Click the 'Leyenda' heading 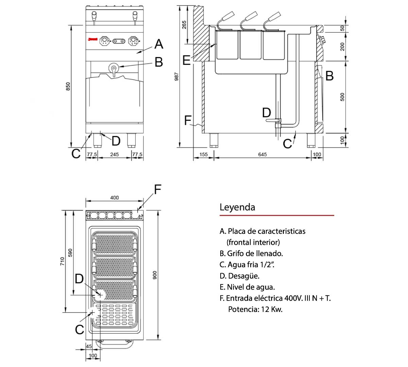coord(237,207)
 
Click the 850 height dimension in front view coord(68,87)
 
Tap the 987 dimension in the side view coord(176,77)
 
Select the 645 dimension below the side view coord(262,155)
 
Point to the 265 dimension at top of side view coord(184,25)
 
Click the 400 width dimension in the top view coord(115,198)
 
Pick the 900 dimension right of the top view coord(155,275)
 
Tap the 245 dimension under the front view coord(115,155)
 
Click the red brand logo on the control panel coord(92,40)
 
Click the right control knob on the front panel coord(133,41)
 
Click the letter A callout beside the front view coord(158,44)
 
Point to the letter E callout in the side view coord(186,60)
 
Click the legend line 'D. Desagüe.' coord(239,276)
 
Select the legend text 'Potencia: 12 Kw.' coord(255,310)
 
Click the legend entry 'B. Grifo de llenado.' coord(251,254)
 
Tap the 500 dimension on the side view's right coord(342,97)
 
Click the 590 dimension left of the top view coord(70,253)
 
